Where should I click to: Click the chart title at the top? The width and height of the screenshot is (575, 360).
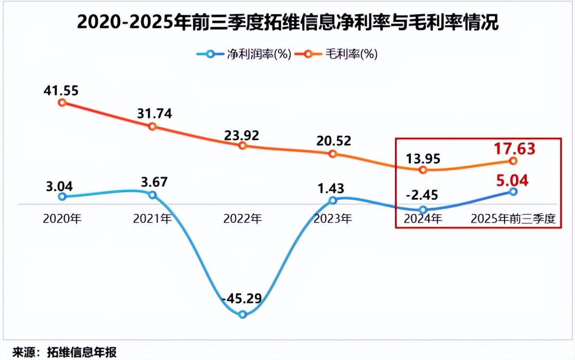pyautogui.click(x=287, y=22)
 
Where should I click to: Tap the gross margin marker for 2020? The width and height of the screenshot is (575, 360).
pyautogui.click(x=62, y=102)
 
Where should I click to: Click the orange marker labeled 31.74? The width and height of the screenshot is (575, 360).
pyautogui.click(x=152, y=126)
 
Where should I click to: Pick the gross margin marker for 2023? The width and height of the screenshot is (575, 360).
pyautogui.click(x=333, y=154)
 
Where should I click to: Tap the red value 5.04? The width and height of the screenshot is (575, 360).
pyautogui.click(x=512, y=180)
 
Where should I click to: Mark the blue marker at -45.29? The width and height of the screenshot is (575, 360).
pyautogui.click(x=243, y=315)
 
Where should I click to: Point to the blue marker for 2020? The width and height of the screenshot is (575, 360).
pyautogui.click(x=62, y=197)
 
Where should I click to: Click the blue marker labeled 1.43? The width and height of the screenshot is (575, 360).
pyautogui.click(x=333, y=200)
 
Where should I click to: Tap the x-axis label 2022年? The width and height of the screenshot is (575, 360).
pyautogui.click(x=243, y=219)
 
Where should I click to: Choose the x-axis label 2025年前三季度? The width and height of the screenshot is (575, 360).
pyautogui.click(x=513, y=219)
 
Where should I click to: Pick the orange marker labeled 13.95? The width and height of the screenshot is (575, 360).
pyautogui.click(x=423, y=170)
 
